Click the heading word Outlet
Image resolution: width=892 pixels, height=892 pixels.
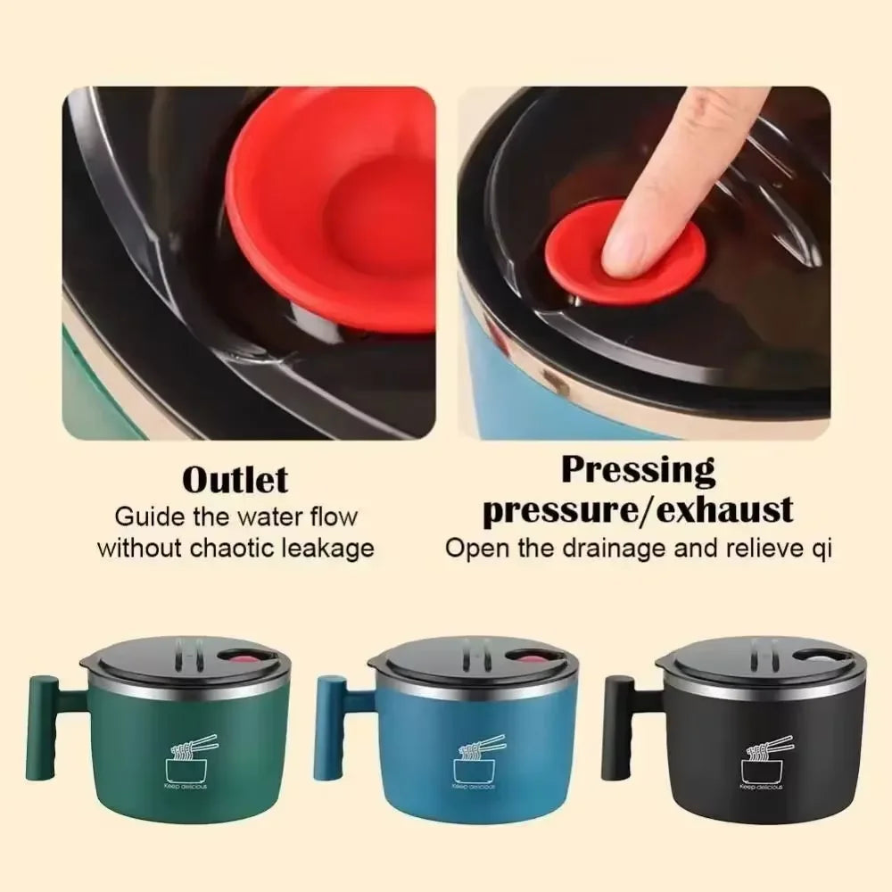235,479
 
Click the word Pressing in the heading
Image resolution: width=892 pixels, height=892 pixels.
638,471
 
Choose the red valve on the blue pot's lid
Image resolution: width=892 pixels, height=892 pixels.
529,658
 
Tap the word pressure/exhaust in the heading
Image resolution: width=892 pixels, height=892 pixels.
638,510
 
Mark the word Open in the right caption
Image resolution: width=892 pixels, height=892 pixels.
474,548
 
